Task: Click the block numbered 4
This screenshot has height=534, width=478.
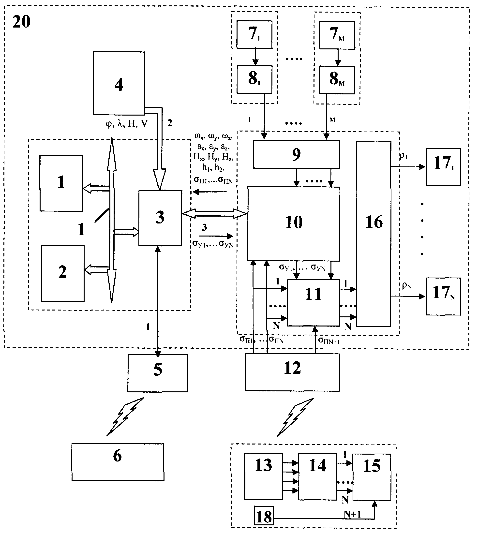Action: [119, 83]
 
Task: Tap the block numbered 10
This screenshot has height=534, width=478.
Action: [294, 224]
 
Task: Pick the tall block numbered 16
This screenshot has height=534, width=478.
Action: [373, 234]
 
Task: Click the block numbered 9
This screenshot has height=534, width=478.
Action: [296, 155]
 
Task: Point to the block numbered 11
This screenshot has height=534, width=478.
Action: [313, 303]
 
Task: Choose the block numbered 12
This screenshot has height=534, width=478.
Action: [292, 372]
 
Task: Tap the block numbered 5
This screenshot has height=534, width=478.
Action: [158, 373]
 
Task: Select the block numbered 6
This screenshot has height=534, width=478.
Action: [118, 462]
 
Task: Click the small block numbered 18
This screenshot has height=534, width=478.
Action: [264, 517]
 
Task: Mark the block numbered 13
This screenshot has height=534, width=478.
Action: [263, 476]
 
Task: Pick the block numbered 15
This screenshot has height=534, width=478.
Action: [372, 477]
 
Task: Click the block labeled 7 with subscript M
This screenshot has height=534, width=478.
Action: [337, 35]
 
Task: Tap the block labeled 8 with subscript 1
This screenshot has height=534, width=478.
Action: [254, 79]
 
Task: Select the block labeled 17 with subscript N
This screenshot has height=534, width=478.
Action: [443, 296]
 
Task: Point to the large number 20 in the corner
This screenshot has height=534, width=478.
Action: [21, 22]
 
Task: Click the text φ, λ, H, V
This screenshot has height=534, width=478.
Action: [127, 123]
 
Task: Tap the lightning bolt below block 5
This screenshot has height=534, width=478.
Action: [126, 417]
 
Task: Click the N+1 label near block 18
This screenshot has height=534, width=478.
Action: [352, 514]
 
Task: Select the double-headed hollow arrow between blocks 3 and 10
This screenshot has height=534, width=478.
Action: [214, 213]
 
